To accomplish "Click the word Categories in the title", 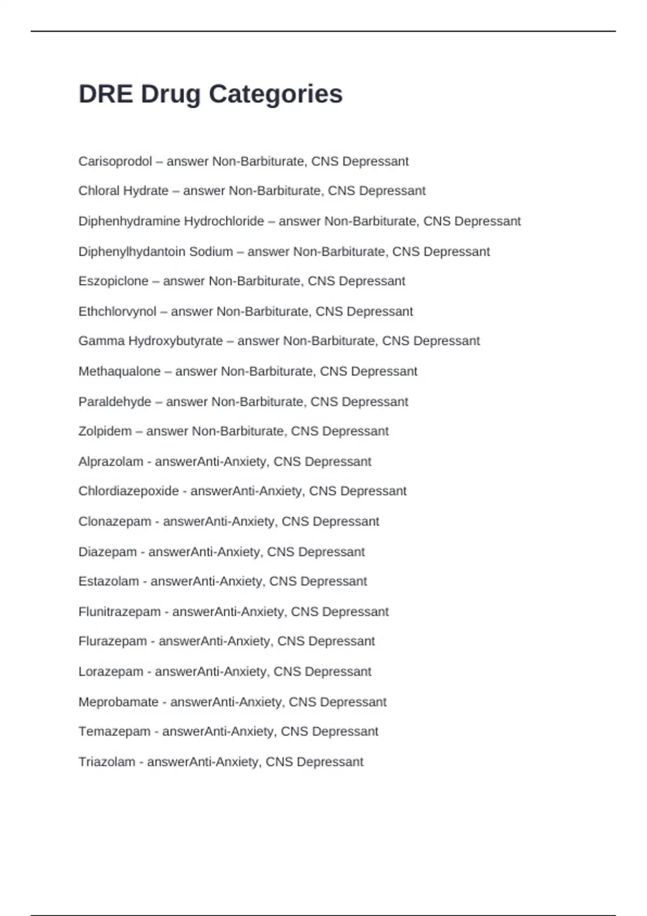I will coord(276,94).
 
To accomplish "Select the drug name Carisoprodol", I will coord(115,162).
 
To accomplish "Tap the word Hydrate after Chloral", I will coord(146,191).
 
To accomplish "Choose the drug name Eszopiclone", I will coord(113,281).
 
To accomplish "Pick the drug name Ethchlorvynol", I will coord(117,311).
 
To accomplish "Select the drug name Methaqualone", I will coord(119,371).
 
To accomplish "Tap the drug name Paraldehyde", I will coord(114,402).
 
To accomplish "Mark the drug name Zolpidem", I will coord(105,432).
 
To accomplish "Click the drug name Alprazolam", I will coord(111,462).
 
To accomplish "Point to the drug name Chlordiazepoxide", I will coord(128,491).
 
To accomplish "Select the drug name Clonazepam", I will coord(114,522).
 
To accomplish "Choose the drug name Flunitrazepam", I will coord(119,612).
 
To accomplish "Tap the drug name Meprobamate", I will coord(118,702).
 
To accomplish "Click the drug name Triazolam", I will coord(107,762).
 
